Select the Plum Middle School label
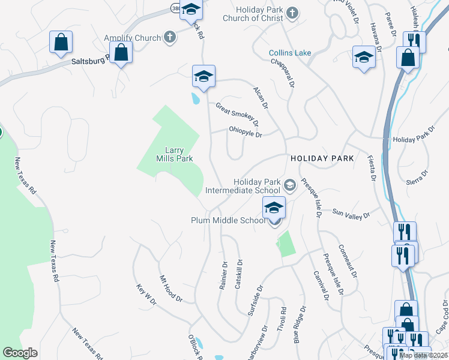228,220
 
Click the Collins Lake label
290,53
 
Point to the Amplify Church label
133,38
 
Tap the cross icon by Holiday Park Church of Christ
292,12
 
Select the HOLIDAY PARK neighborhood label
322,158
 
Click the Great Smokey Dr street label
238,115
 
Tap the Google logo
20,352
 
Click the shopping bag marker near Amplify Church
121,52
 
